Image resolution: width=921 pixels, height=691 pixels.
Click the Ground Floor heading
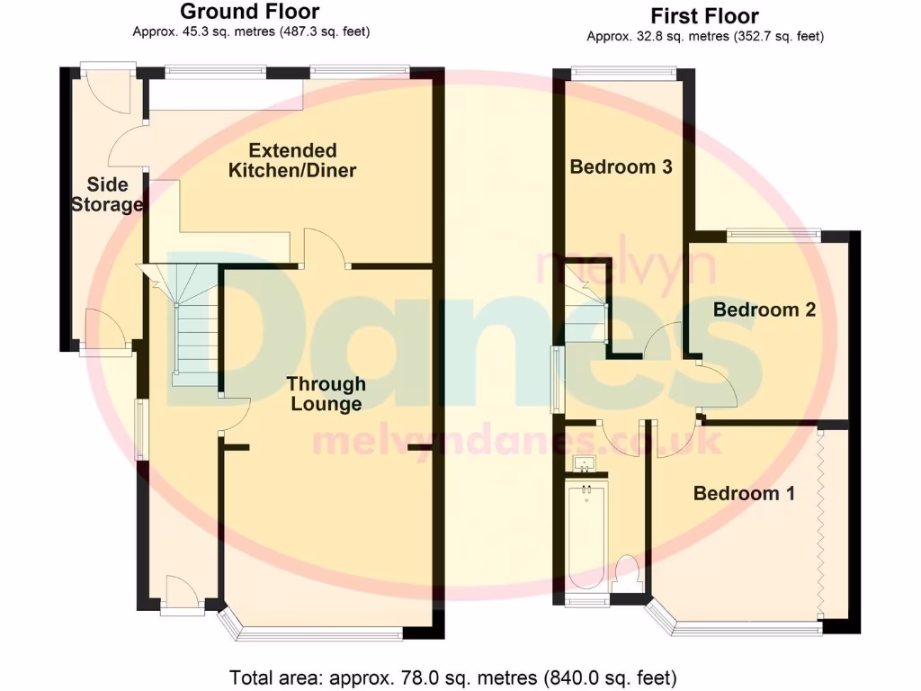249,12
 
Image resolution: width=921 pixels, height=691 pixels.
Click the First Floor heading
704,16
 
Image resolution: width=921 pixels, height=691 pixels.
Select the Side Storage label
107,194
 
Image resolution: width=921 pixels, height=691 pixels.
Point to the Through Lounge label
326,394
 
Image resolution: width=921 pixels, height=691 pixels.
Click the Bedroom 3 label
621,166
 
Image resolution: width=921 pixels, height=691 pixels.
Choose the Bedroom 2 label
764,310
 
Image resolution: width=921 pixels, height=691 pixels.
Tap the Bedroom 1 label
743,493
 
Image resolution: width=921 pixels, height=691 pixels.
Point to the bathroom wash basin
586,464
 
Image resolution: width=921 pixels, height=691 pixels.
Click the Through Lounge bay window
315,633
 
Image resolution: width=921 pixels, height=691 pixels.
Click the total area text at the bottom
453,677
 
